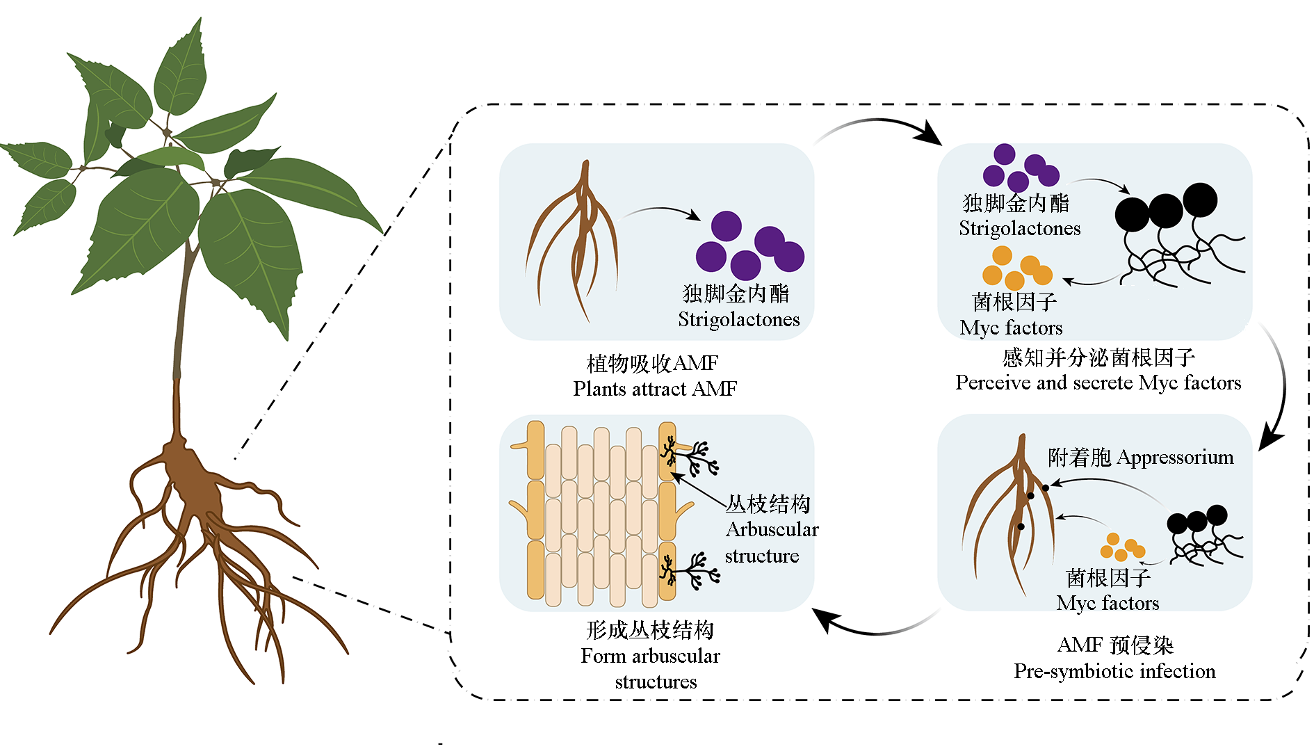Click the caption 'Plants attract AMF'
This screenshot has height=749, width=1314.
tap(654, 389)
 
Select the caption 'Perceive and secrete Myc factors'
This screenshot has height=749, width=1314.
tap(1098, 382)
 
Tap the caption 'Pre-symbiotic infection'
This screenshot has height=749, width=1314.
tap(1114, 671)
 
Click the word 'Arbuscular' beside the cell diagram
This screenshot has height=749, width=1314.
tap(772, 530)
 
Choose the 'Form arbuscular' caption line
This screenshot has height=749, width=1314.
tap(650, 656)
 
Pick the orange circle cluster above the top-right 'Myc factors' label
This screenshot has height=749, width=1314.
tap(1016, 268)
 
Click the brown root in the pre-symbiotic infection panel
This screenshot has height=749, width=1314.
tap(1015, 515)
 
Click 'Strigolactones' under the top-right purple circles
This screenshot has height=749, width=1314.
tap(1019, 228)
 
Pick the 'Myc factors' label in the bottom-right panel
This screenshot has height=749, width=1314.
tap(1108, 603)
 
